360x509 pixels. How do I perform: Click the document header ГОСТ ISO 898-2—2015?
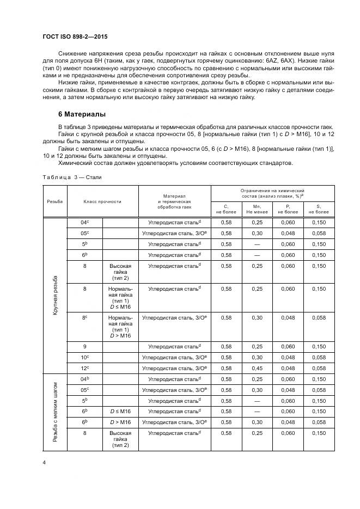(80, 36)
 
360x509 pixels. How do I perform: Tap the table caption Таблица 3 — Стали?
(72, 177)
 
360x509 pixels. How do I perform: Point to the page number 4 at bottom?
(44, 463)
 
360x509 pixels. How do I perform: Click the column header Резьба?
(55, 201)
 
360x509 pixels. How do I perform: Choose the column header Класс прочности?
(102, 201)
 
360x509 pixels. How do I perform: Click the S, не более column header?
(319, 208)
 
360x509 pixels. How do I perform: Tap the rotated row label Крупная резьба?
(55, 296)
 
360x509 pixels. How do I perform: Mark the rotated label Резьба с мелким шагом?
(55, 412)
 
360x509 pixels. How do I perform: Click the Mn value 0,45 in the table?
(257, 368)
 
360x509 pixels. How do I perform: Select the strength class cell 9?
(84, 346)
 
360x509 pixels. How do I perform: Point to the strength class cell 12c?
(84, 368)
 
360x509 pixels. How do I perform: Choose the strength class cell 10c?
(84, 357)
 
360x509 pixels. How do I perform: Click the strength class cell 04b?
(84, 379)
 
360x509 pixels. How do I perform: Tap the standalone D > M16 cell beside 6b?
(120, 422)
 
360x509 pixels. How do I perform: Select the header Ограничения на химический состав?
(272, 193)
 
